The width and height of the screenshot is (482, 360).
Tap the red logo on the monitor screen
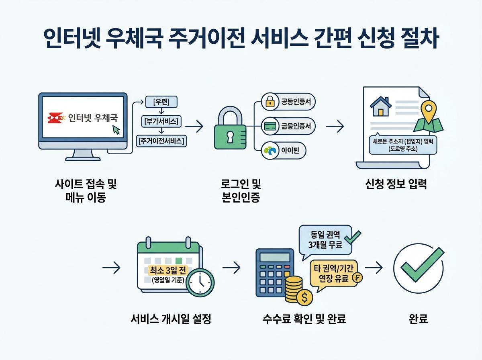[x=55, y=118]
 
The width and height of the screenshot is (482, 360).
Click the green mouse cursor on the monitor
[x=116, y=129]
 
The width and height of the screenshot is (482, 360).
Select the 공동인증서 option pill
[x=288, y=102]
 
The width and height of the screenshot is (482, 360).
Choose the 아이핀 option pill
[x=283, y=151]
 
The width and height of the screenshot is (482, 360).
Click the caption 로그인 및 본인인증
[x=241, y=191]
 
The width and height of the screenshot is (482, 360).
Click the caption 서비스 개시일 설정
[x=171, y=319]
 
